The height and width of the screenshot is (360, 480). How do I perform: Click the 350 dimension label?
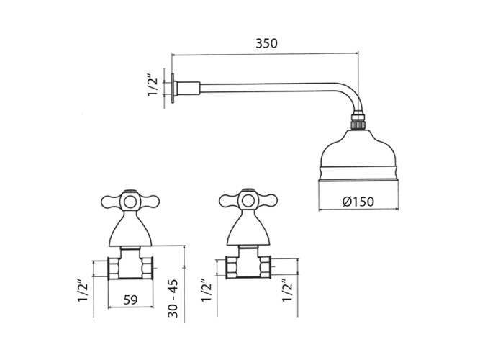pyautogui.click(x=266, y=43)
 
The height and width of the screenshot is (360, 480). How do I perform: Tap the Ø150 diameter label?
pyautogui.click(x=358, y=202)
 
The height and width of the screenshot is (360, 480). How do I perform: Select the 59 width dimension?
pyautogui.click(x=131, y=300)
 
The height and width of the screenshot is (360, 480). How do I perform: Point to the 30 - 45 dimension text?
pyautogui.click(x=173, y=298)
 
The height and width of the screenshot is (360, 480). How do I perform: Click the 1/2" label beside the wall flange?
pyautogui.click(x=153, y=85)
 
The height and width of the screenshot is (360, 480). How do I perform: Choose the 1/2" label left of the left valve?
pyautogui.click(x=83, y=290)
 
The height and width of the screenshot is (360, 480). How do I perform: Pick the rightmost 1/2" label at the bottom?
pyautogui.click(x=287, y=290)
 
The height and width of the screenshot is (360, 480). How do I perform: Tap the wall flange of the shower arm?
pyautogui.click(x=173, y=89)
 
